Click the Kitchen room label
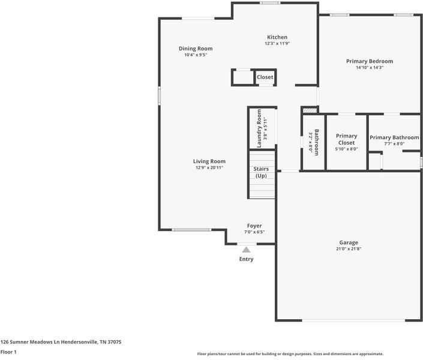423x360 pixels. (277, 37)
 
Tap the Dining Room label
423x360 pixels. (196, 49)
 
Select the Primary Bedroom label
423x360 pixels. (370, 61)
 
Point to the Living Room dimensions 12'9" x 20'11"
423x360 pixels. (209, 168)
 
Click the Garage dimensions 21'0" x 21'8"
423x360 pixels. (349, 248)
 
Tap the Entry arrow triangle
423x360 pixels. (246, 250)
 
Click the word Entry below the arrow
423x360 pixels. (246, 259)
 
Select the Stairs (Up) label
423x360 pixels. (262, 173)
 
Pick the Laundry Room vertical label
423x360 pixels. (259, 128)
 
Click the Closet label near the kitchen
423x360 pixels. (265, 77)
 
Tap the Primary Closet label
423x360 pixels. (346, 139)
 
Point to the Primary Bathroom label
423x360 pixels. (394, 138)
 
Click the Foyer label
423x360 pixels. (254, 226)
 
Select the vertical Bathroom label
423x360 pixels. (316, 142)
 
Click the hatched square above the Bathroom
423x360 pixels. (308, 110)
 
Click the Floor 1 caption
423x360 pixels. (8, 352)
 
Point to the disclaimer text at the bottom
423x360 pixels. (290, 354)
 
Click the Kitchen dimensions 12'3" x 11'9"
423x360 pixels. (277, 44)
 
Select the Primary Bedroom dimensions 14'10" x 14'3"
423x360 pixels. (370, 68)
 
